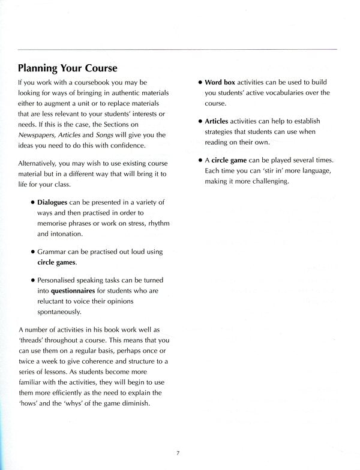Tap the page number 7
click(x=178, y=453)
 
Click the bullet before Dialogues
click(x=32, y=202)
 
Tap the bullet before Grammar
click(x=32, y=252)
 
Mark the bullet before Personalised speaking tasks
click(x=32, y=280)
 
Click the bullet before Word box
click(x=199, y=82)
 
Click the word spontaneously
click(x=59, y=312)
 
